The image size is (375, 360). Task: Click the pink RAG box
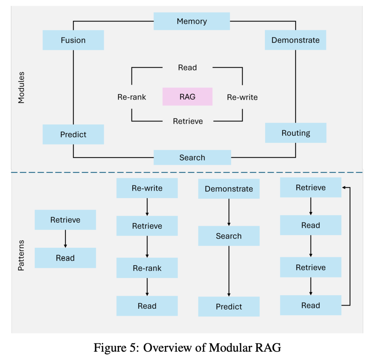pos(187,97)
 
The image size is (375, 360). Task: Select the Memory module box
pos(192,21)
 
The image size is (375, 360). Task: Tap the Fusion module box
pos(73,40)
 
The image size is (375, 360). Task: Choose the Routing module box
pos(295,133)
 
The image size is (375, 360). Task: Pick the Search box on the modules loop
pos(192,157)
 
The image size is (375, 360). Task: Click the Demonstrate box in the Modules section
pos(295,40)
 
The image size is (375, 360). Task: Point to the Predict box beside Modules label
pos(73,134)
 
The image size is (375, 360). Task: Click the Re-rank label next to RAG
pos(132,97)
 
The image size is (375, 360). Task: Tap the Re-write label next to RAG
pos(242,97)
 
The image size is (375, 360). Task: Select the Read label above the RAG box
pos(187,67)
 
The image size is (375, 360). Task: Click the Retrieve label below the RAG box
pos(188,121)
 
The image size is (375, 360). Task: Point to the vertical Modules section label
pos(22,88)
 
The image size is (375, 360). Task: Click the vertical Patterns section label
pos(22,255)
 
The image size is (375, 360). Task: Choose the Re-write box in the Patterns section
pos(147,188)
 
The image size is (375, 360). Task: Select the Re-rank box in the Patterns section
pos(147,268)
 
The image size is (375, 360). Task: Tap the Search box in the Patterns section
pos(229,236)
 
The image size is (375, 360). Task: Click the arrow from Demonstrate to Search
pos(229,212)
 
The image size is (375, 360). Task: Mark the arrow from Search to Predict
pos(229,271)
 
